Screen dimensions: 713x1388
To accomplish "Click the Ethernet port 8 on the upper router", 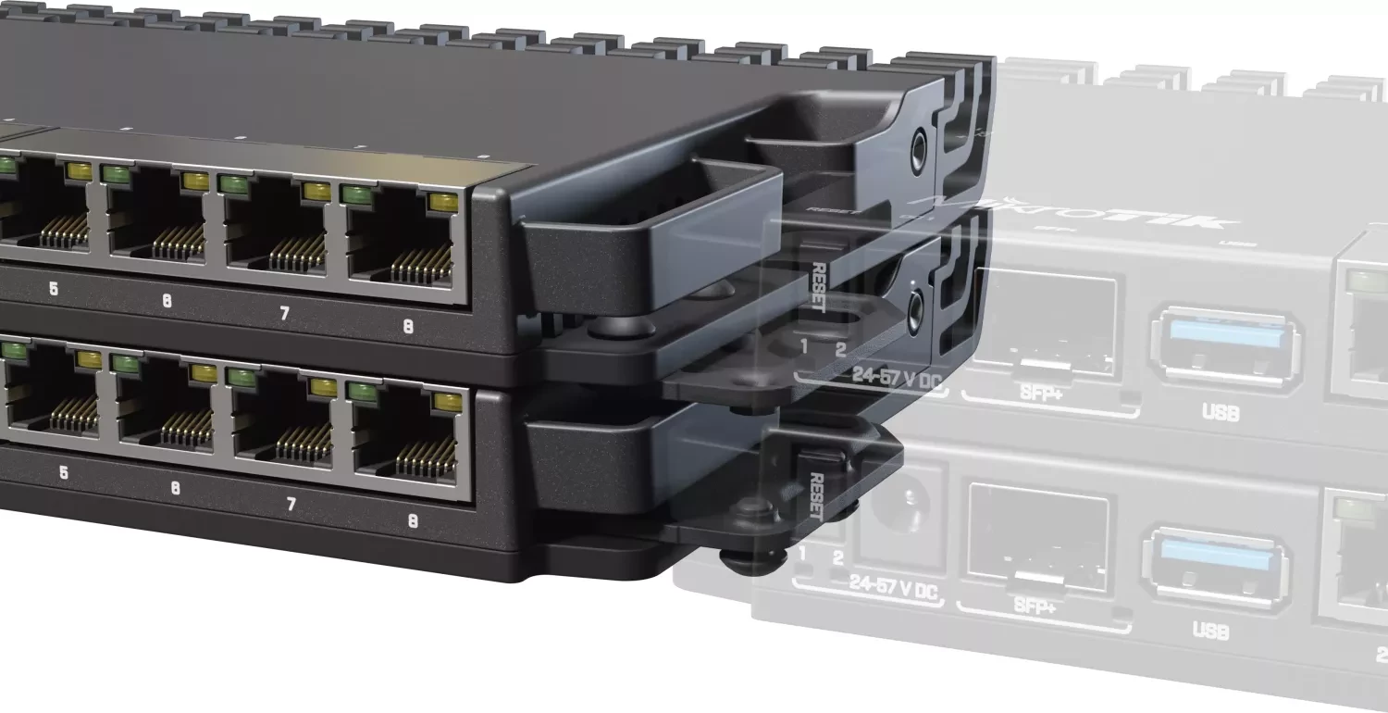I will (x=402, y=244).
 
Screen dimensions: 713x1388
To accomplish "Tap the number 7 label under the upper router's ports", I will (x=284, y=314).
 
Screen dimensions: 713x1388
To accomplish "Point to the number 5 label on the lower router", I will (x=63, y=472).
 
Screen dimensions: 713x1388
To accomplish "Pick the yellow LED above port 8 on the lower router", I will (x=446, y=400).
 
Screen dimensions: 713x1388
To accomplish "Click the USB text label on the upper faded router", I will (x=1221, y=413).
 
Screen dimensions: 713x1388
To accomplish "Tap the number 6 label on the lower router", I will (x=175, y=488).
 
